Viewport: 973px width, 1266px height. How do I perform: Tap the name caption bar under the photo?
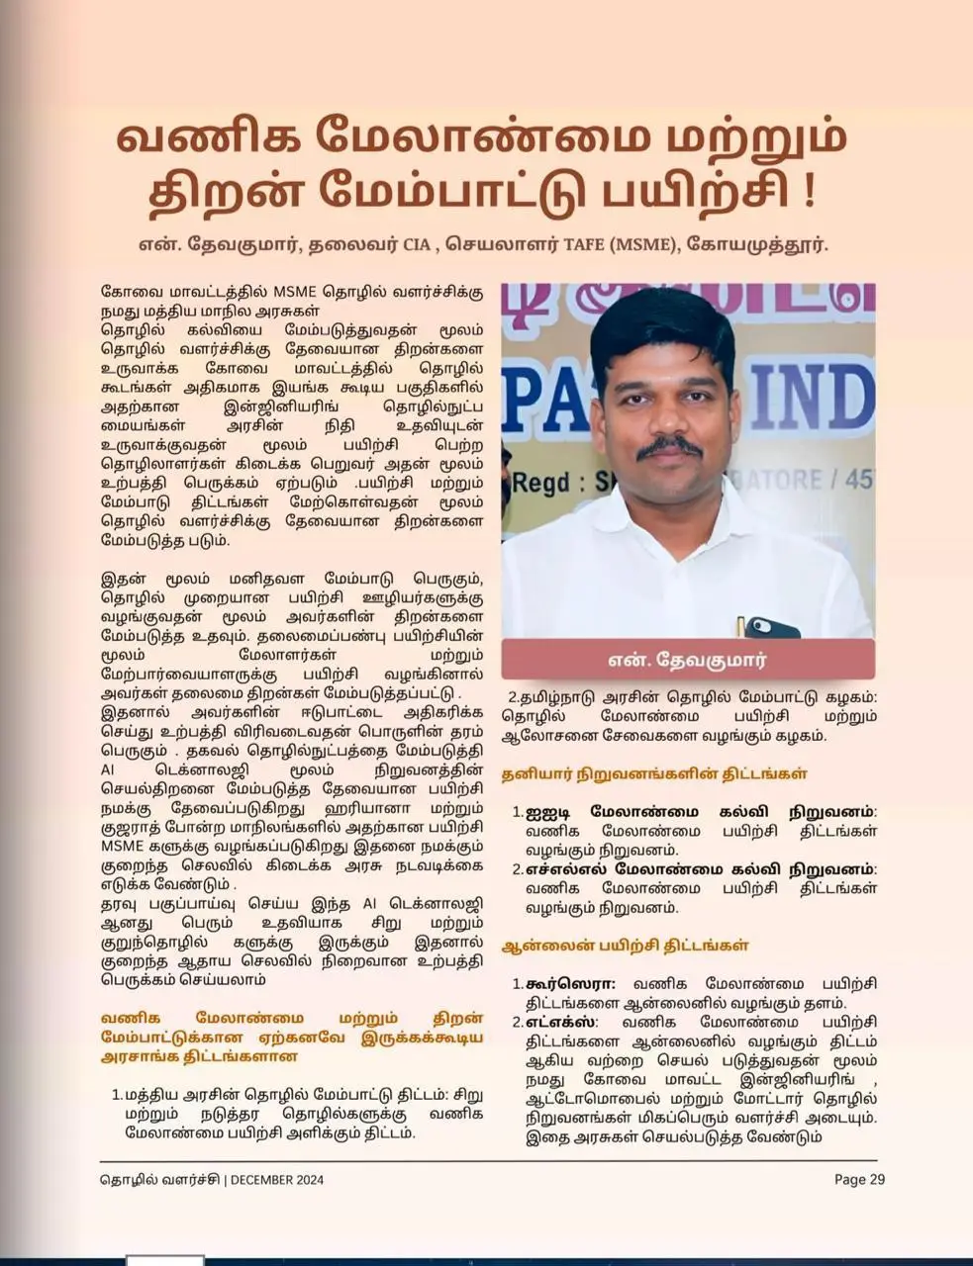687,659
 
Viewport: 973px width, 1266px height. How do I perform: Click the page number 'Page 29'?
859,1179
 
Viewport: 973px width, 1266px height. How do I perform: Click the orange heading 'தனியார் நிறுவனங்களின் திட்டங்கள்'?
653,773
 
